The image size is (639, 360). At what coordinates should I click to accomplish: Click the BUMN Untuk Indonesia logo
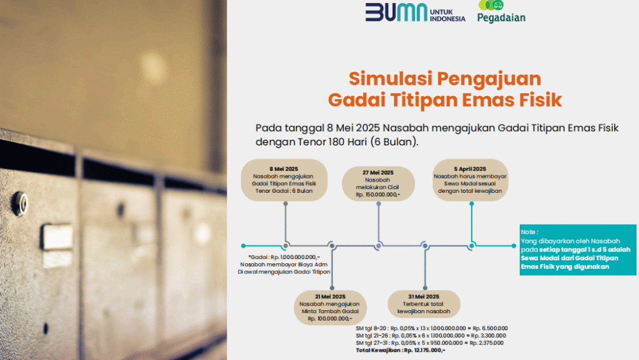click(x=415, y=12)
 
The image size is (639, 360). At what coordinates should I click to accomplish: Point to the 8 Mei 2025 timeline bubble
click(x=284, y=180)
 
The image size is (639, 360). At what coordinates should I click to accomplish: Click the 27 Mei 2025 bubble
click(x=378, y=183)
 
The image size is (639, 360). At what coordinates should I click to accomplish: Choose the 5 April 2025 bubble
click(x=471, y=180)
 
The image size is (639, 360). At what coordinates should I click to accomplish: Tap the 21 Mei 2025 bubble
click(x=330, y=308)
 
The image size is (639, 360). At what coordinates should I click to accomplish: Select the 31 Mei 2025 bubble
click(x=424, y=304)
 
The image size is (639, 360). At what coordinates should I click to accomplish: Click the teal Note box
click(x=578, y=250)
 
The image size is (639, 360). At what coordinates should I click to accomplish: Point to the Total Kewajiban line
click(x=401, y=350)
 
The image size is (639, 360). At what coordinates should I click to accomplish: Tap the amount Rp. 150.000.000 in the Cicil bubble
click(x=378, y=195)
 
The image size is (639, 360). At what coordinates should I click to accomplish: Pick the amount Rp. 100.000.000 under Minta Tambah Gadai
click(x=330, y=318)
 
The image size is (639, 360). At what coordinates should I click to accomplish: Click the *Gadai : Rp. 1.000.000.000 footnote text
click(x=284, y=257)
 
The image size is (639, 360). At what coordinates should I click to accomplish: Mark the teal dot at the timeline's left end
click(x=243, y=246)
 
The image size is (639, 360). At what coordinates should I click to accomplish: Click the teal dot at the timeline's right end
click(x=514, y=246)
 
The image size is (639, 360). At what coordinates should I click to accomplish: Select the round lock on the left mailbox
click(x=19, y=203)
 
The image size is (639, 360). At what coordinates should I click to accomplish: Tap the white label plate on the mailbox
click(x=56, y=237)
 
